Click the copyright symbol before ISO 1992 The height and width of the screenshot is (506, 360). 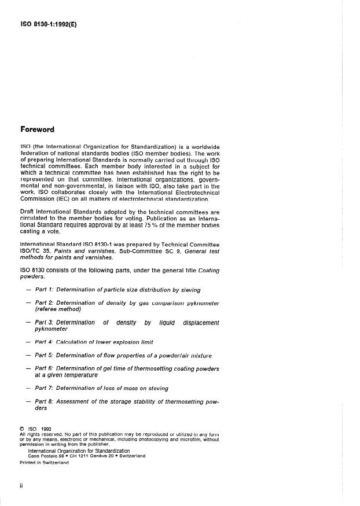pos(23,429)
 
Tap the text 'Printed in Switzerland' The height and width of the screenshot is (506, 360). pos(44,463)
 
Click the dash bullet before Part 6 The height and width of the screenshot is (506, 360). pos(28,368)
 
